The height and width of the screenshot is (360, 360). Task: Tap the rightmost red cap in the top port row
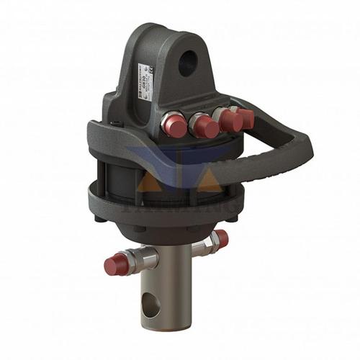point(246,117)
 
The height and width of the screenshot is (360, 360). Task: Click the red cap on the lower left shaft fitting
point(115,264)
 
